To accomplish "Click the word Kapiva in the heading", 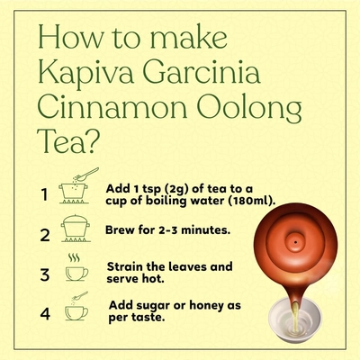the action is [86, 74].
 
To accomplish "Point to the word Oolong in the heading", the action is [249, 110].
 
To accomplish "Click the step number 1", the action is [44, 194].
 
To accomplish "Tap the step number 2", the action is [45, 235].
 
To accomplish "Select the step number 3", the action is [45, 274].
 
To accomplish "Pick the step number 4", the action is [45, 314].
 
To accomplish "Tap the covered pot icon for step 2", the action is [76, 229].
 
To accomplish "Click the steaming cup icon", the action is [76, 267].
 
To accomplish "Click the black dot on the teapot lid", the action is [296, 242].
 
